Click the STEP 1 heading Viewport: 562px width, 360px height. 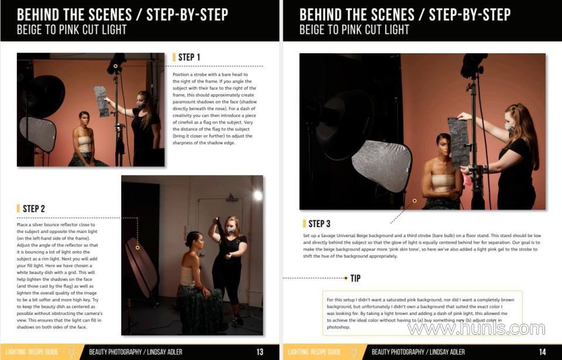[x=189, y=57]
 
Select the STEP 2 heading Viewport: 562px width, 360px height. [x=34, y=209]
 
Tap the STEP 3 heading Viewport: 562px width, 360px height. [x=320, y=224]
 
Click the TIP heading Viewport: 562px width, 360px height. [x=355, y=278]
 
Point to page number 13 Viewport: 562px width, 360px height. [x=260, y=352]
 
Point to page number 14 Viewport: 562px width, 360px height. [x=542, y=352]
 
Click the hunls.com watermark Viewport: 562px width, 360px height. [x=477, y=328]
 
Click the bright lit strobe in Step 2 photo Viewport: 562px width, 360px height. [x=258, y=195]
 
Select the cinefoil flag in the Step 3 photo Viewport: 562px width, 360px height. [x=458, y=142]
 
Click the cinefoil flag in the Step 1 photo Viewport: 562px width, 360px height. [x=102, y=101]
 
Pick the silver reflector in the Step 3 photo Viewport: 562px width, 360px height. [x=382, y=165]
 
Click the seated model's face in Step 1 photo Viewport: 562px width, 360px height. [x=84, y=120]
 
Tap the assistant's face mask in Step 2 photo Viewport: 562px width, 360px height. [x=231, y=229]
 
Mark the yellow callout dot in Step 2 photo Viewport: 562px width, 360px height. [x=138, y=248]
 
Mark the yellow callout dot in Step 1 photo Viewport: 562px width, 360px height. [x=115, y=66]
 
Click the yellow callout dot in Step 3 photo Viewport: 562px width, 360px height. [x=414, y=201]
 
